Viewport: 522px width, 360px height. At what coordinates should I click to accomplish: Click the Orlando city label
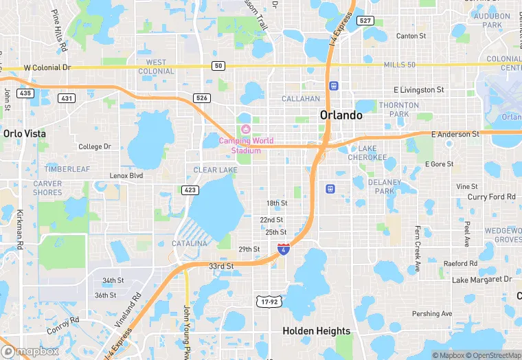tap(341, 115)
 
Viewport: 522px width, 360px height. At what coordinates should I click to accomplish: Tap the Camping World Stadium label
tap(246, 146)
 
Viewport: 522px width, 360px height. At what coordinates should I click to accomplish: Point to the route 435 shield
tap(25, 93)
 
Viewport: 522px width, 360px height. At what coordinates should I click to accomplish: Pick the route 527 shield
tap(365, 21)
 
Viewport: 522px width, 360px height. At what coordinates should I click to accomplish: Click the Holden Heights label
tap(317, 331)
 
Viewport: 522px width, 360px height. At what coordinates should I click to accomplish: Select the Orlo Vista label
tap(23, 133)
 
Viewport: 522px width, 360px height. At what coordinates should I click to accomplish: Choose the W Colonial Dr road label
tap(47, 68)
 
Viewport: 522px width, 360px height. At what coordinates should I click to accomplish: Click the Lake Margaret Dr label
tap(481, 280)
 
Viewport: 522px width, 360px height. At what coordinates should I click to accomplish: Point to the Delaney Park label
tap(384, 187)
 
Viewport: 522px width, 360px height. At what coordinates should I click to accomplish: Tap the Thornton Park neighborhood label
tap(398, 110)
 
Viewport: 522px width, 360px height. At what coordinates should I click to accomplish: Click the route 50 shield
tap(218, 65)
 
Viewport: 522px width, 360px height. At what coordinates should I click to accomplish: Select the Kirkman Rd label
tap(20, 229)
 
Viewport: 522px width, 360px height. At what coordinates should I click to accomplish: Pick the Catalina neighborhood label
tap(189, 244)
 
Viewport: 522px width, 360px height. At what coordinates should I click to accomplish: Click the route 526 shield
tap(201, 98)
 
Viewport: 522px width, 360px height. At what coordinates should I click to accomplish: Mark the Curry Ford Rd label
tap(491, 197)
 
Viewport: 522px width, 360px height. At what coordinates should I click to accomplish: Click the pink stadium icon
tap(246, 129)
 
